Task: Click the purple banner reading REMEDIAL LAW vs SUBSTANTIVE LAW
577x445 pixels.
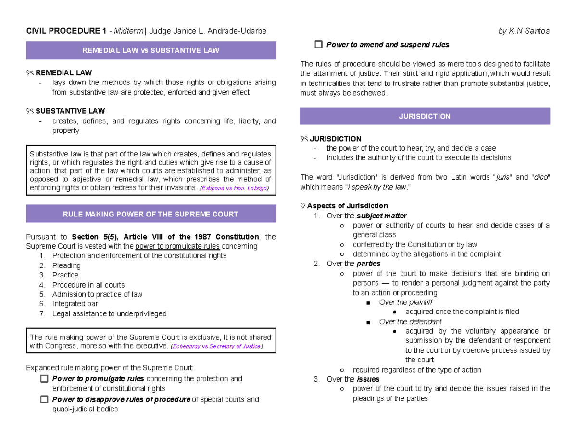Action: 151,50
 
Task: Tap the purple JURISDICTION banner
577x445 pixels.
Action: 425,116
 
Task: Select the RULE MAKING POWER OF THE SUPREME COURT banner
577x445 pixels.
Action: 151,214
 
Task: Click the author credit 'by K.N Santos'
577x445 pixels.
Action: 524,31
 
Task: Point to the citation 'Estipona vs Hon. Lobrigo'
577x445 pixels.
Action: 234,188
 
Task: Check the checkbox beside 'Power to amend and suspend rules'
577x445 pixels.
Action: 318,45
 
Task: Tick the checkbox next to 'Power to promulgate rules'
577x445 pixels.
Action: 44,379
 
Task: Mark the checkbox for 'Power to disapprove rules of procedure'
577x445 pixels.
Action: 44,400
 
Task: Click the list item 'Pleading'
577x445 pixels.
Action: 66,265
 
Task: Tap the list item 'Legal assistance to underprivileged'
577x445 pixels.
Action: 109,313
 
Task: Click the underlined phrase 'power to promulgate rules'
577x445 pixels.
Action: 177,246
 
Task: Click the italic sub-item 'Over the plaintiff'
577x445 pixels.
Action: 405,302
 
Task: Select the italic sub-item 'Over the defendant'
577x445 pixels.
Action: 410,321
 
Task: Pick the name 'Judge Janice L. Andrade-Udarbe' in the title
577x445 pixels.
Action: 208,31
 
